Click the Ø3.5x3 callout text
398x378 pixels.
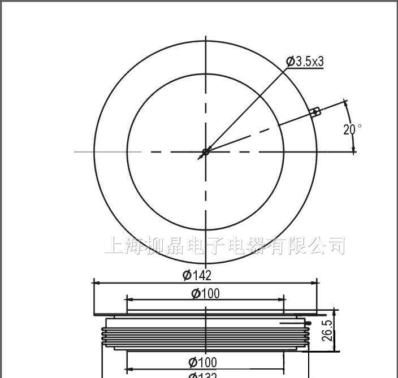(x=305, y=62)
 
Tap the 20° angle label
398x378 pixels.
(x=352, y=129)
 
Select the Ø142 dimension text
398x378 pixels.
(x=197, y=275)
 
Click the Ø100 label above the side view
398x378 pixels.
(x=205, y=293)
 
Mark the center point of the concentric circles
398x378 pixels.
(x=205, y=151)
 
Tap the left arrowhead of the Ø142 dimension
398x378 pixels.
(x=96, y=282)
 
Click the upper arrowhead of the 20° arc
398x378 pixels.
(x=347, y=105)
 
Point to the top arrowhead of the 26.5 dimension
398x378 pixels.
(x=336, y=311)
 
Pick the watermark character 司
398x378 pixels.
(x=336, y=246)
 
